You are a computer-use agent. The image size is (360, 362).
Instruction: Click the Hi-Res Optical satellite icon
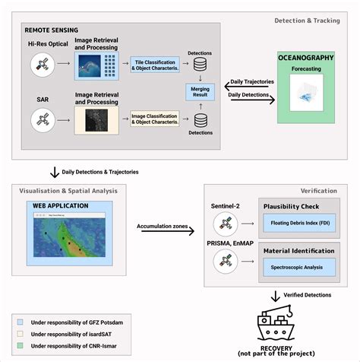tap(43, 67)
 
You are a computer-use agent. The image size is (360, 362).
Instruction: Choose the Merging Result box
tap(201, 92)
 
